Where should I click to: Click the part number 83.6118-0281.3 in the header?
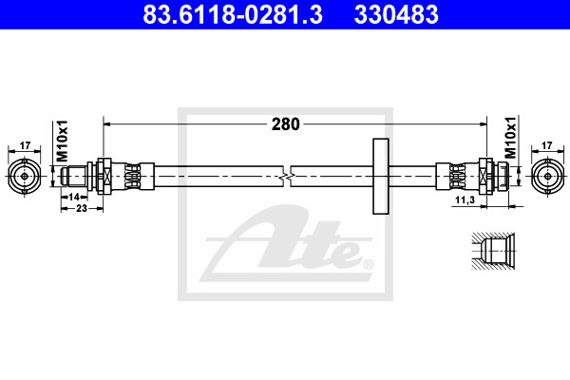point(233,14)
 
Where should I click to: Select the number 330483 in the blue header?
point(396,14)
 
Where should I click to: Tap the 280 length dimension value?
point(285,124)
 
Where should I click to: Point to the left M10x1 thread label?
point(63,141)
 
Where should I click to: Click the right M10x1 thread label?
point(511,138)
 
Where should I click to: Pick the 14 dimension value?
point(74,197)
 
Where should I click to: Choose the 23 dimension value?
point(82,208)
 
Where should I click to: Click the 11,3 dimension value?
point(465,199)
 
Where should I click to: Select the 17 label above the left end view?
point(25,145)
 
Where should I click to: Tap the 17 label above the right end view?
point(547,145)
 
